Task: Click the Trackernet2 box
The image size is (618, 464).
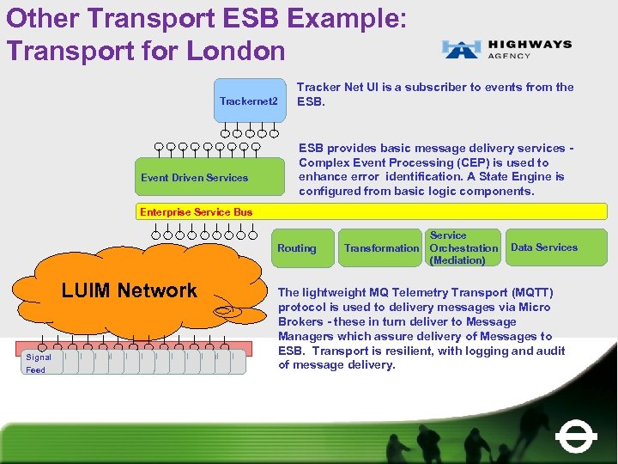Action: click(249, 101)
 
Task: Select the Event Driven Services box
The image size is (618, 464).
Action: click(194, 178)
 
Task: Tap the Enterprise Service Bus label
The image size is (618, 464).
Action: click(197, 211)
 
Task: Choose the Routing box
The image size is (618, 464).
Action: click(296, 248)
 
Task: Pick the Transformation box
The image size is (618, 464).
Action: click(381, 248)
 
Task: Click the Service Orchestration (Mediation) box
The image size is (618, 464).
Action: click(463, 247)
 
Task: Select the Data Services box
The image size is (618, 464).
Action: click(544, 247)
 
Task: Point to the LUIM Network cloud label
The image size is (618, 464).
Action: click(130, 290)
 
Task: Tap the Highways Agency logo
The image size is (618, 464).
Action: click(506, 48)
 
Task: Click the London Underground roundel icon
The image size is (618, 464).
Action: click(576, 437)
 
